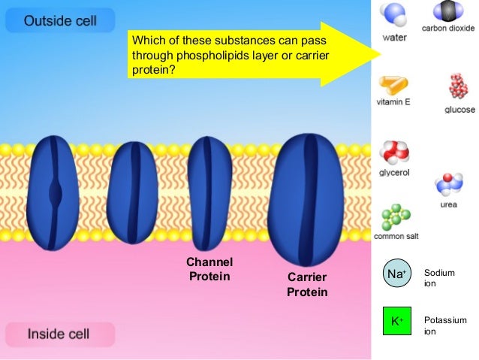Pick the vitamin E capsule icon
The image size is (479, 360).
click(393, 83)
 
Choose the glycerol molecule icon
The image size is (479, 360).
click(393, 153)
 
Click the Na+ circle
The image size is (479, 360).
click(396, 275)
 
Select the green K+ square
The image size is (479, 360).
click(396, 322)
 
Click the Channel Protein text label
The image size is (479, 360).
click(209, 269)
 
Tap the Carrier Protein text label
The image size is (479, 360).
click(307, 285)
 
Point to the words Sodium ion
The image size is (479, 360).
click(440, 279)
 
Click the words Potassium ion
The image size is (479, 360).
click(445, 325)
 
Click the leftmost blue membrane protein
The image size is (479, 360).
click(56, 192)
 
